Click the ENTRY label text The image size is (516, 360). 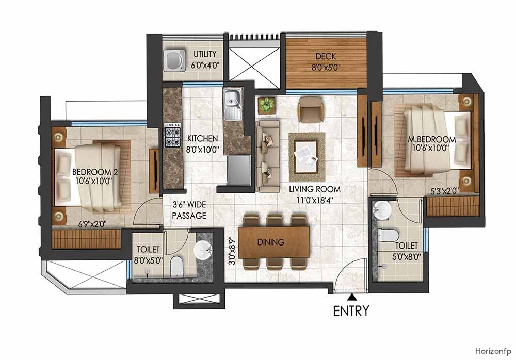[351, 311]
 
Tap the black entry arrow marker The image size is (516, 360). [351, 297]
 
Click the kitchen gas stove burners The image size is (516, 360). [172, 136]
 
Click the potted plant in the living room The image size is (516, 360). [267, 105]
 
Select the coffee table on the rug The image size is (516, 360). [307, 153]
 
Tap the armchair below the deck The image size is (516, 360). [310, 109]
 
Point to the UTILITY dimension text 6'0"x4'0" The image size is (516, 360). [204, 66]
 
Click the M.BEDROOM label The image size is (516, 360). [431, 139]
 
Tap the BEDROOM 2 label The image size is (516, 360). [95, 172]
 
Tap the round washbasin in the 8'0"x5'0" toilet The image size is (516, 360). [203, 251]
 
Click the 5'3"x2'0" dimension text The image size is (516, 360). [445, 191]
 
